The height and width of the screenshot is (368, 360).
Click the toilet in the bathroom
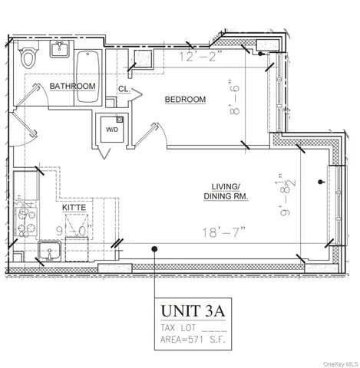pyautogui.click(x=28, y=58)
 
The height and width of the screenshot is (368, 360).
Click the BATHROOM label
pyautogui.click(x=73, y=87)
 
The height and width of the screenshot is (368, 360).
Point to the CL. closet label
pyautogui.click(x=124, y=90)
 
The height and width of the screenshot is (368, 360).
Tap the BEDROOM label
pyautogui.click(x=185, y=100)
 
